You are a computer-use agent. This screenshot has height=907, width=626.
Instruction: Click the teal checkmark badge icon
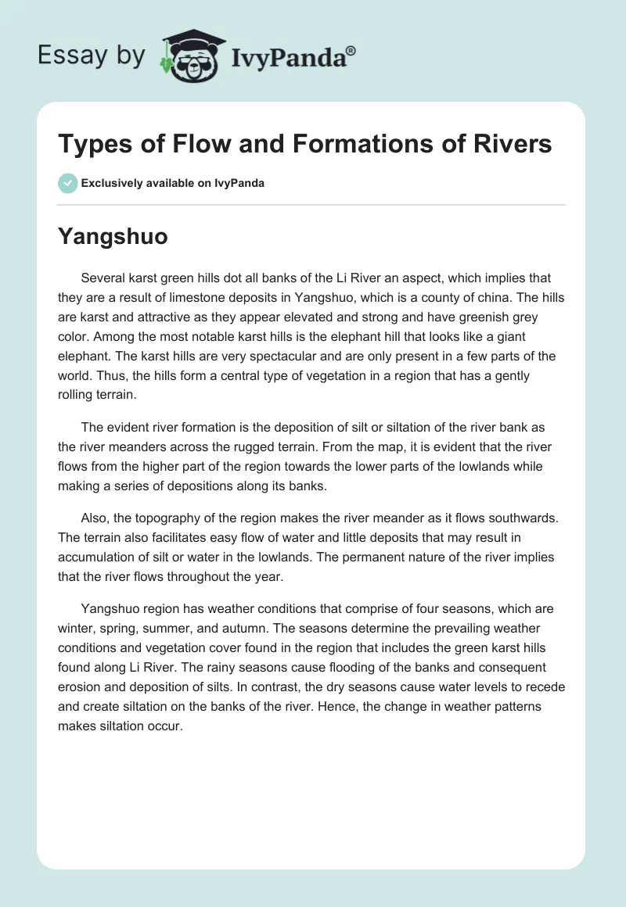coord(67,183)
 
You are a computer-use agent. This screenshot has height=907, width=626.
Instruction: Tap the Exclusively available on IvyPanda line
coord(173,184)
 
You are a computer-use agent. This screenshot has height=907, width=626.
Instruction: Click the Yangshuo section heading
coord(113,237)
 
